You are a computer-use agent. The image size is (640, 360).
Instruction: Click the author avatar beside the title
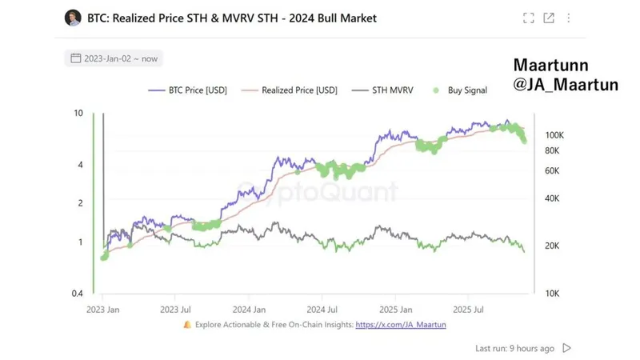(73, 18)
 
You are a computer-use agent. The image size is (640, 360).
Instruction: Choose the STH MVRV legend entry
(386, 90)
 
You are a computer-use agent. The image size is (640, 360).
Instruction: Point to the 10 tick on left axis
(78, 114)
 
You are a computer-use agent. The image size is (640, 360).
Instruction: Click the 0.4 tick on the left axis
(77, 294)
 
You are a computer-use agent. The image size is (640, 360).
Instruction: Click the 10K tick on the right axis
(553, 294)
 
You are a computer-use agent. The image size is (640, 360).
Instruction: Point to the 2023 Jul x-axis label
(175, 308)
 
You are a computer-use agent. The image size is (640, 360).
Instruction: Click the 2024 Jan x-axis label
(250, 308)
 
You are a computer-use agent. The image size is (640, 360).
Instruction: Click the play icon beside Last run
(567, 348)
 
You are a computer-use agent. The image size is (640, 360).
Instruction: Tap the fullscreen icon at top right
(528, 18)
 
